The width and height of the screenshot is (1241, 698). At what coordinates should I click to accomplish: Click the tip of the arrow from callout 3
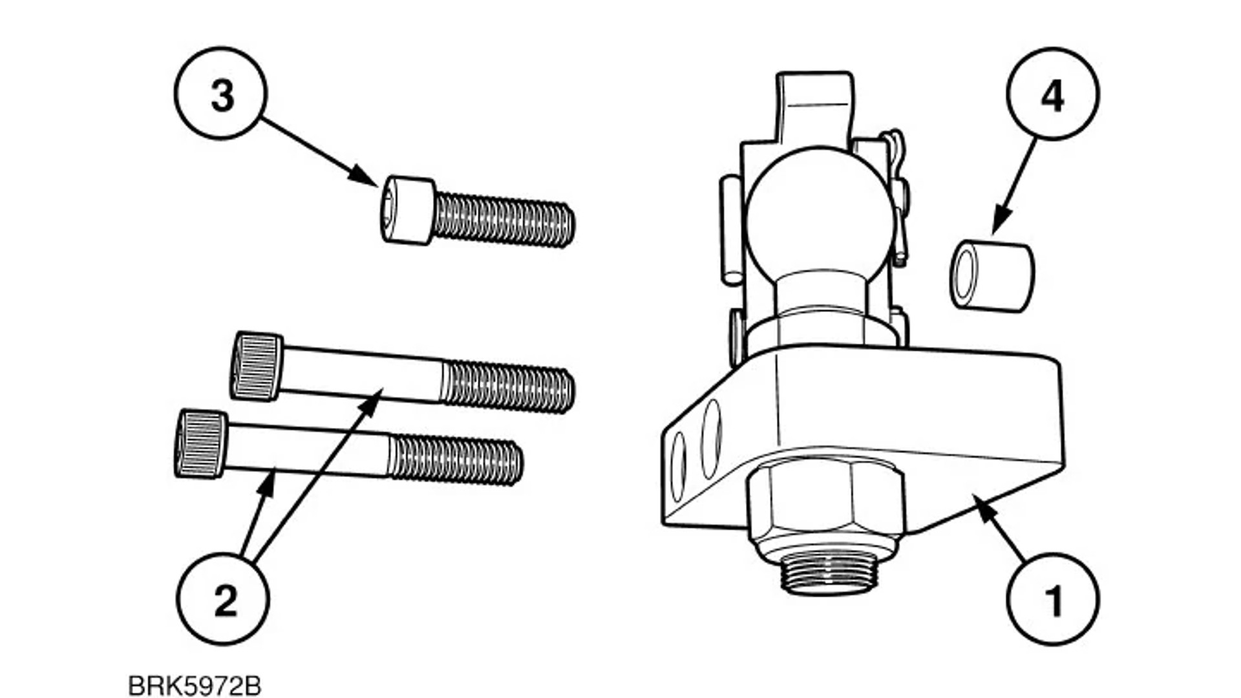tap(377, 185)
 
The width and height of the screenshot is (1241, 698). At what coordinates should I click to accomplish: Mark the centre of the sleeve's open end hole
tap(966, 276)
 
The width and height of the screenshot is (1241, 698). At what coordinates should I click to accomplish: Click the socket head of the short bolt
tap(407, 211)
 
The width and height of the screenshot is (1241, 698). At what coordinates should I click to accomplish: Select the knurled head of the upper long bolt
tap(257, 366)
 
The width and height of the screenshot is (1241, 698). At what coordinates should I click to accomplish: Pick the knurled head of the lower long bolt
tap(201, 444)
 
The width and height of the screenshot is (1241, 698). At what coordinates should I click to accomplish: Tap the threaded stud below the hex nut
tap(829, 572)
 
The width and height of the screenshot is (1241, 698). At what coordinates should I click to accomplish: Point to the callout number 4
tap(1052, 96)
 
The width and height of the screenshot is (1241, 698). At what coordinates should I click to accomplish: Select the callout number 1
tap(1054, 600)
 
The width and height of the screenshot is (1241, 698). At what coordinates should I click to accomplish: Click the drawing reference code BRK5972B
tap(195, 686)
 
